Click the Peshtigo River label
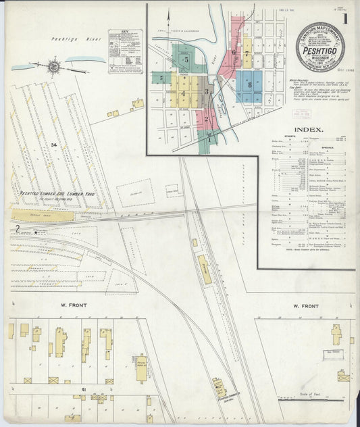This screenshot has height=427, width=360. (76, 40)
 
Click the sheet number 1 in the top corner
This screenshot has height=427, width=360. (345, 19)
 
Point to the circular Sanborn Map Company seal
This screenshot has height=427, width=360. (319, 47)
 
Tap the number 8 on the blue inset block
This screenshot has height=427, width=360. (249, 85)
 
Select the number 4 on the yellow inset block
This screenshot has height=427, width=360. (182, 93)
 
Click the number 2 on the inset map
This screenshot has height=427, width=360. (206, 119)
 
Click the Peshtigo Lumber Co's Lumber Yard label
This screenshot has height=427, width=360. (49, 193)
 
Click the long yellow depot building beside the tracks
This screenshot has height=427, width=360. (204, 269)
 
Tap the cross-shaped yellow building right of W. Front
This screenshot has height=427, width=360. (336, 333)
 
